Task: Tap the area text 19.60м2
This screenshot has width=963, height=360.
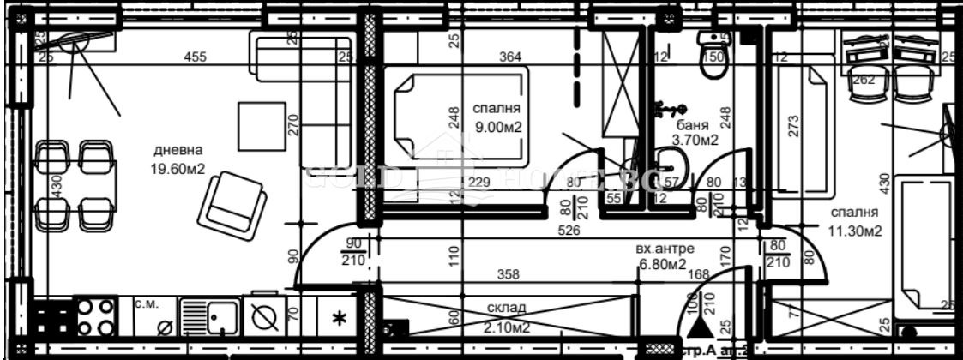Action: click(x=176, y=169)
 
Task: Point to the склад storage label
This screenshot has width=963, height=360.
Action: click(x=509, y=307)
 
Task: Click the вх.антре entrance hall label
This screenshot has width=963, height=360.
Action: click(x=664, y=249)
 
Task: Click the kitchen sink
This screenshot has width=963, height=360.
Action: click(x=210, y=317)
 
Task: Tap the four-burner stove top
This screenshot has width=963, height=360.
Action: click(x=96, y=316)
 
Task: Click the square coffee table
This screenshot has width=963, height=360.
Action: click(x=260, y=125)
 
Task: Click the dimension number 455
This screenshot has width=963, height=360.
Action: click(x=196, y=57)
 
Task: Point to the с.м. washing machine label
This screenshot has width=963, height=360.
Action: click(x=144, y=303)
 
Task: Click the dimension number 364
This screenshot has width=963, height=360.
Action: click(x=510, y=57)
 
